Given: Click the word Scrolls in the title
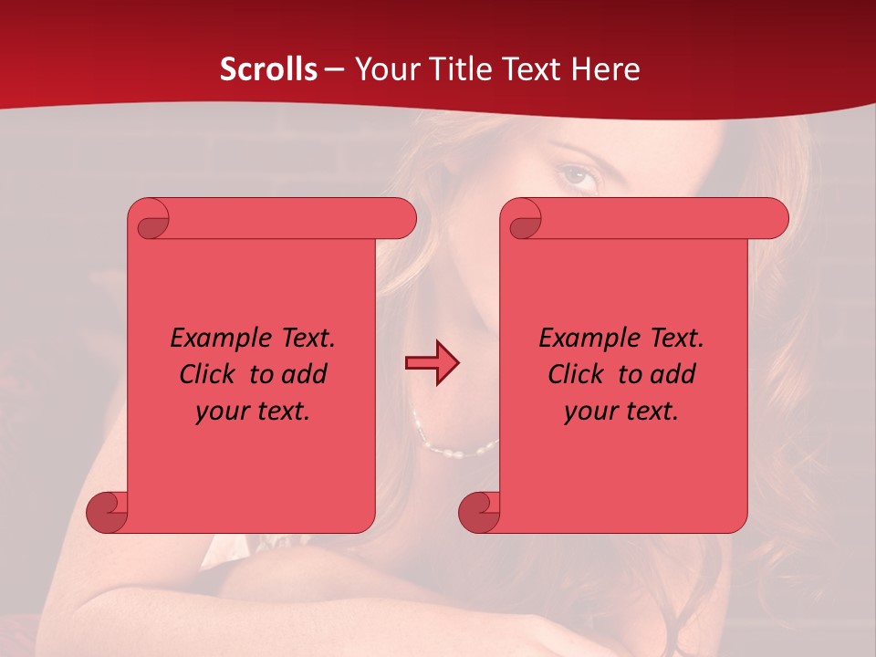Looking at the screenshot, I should (x=268, y=68).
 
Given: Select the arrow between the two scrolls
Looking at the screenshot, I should (x=432, y=362).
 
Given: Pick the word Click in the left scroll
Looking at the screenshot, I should (x=209, y=374).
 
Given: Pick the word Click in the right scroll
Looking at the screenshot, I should (x=577, y=374).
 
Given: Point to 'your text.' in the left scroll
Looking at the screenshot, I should (x=253, y=412).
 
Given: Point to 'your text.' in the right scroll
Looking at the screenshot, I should (x=620, y=412).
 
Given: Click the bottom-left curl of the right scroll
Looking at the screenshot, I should (x=479, y=512).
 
